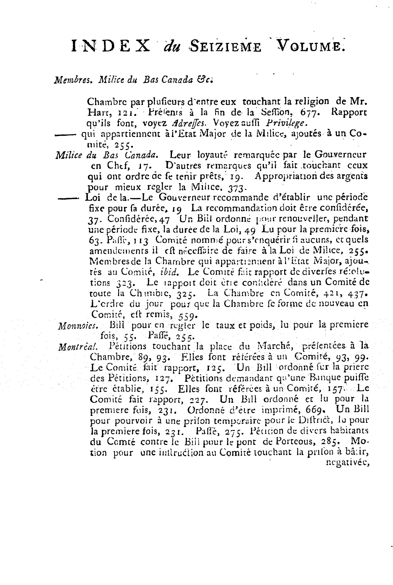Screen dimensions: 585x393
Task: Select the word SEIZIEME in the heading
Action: tap(225, 47)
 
